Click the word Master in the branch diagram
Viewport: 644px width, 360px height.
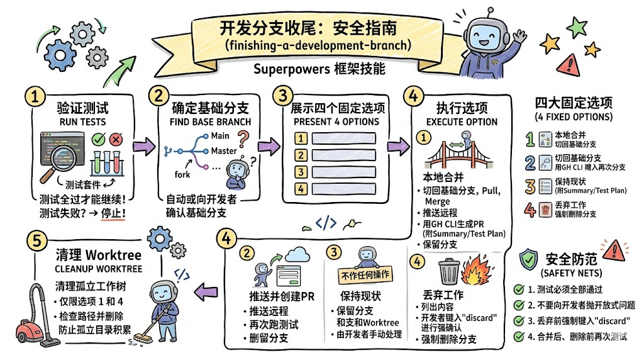click(223, 151)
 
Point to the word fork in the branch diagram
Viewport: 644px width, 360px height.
click(182, 174)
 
